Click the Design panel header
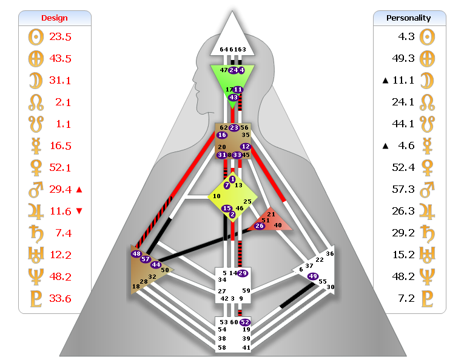coord(55,18)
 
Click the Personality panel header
coord(409,18)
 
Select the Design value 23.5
coord(61,37)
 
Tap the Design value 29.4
coord(61,190)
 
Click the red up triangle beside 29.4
coord(79,190)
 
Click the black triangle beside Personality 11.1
coord(384,81)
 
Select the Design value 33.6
coord(61,299)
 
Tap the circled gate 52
coord(245,322)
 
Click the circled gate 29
coord(243,273)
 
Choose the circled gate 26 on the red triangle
coord(260,226)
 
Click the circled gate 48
coord(136,254)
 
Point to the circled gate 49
coord(313,276)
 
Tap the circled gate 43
coord(234,98)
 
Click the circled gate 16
coord(222,135)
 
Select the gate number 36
coord(330,254)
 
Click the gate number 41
coord(246,347)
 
